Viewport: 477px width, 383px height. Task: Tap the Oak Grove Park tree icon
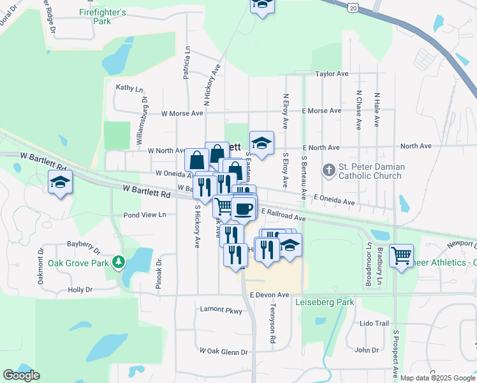pos(118,262)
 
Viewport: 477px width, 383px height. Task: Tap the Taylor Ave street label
pos(332,74)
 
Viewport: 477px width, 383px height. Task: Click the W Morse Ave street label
pos(182,114)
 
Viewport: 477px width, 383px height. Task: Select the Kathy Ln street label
pos(129,89)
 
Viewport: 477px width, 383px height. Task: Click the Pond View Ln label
pos(144,215)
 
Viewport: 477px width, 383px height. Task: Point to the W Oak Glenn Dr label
pos(223,352)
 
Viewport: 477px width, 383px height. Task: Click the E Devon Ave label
pos(270,295)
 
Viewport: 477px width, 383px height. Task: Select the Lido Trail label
pos(374,324)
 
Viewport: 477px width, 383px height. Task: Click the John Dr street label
pos(367,350)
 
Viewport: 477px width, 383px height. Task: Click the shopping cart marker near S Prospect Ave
pos(401,256)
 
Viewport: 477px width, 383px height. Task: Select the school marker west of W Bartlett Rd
pos(60,183)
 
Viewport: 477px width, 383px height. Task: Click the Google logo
pos(21,375)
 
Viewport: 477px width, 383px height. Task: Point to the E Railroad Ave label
pos(284,218)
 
